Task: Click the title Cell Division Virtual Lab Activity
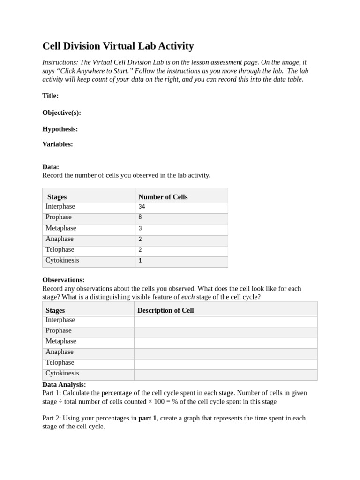pos(118,46)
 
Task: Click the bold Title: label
pos(50,96)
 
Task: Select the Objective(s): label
pos(61,112)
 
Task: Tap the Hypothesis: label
pos(60,129)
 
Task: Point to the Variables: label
pos(58,144)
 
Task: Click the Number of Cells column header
pos(163,197)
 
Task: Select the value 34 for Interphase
pos(142,207)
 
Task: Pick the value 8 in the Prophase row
pos(140,217)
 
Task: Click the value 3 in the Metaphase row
pos(140,228)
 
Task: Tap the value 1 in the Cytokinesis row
pos(140,261)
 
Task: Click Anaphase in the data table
pos(60,239)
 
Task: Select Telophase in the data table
pos(60,250)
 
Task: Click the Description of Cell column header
pos(165,310)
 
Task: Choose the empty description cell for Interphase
pos(225,322)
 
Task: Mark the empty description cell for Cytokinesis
pos(225,375)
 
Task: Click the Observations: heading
pos(63,280)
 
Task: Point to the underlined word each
pos(188,297)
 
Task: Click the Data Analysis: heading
pos(64,384)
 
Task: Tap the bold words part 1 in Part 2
pos(147,418)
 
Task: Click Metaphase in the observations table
pos(61,341)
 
